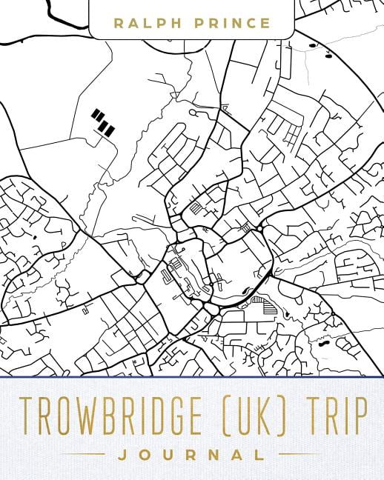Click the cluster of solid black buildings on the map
[x=103, y=122]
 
